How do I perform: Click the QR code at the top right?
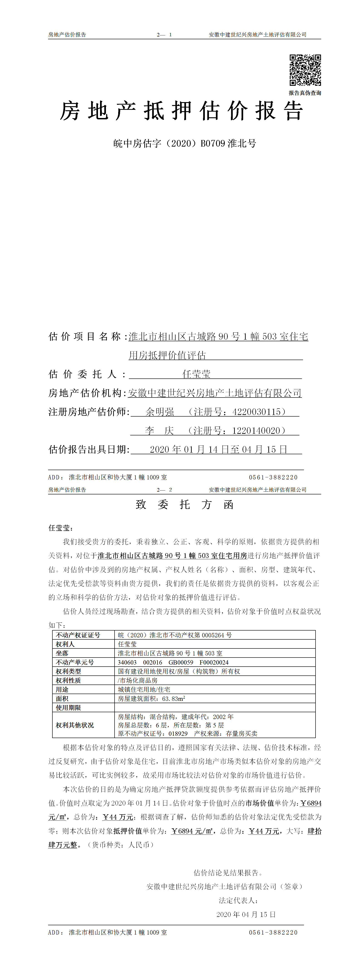305,70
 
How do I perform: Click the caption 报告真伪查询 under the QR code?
305,93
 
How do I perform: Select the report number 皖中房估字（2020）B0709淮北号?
184,143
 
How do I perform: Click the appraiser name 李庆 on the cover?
159,431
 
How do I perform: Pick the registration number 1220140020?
256,431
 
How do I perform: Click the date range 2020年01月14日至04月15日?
218,449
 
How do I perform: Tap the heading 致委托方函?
184,505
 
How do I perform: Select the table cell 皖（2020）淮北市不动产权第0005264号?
175,635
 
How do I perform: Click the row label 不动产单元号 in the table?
75,662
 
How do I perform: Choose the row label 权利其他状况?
75,725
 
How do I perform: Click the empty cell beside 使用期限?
215,708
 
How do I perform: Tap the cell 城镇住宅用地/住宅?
144,690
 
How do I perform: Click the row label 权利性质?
68,681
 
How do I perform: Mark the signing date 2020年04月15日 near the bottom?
246,914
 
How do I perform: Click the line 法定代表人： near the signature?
238,901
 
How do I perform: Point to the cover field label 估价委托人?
87,374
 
